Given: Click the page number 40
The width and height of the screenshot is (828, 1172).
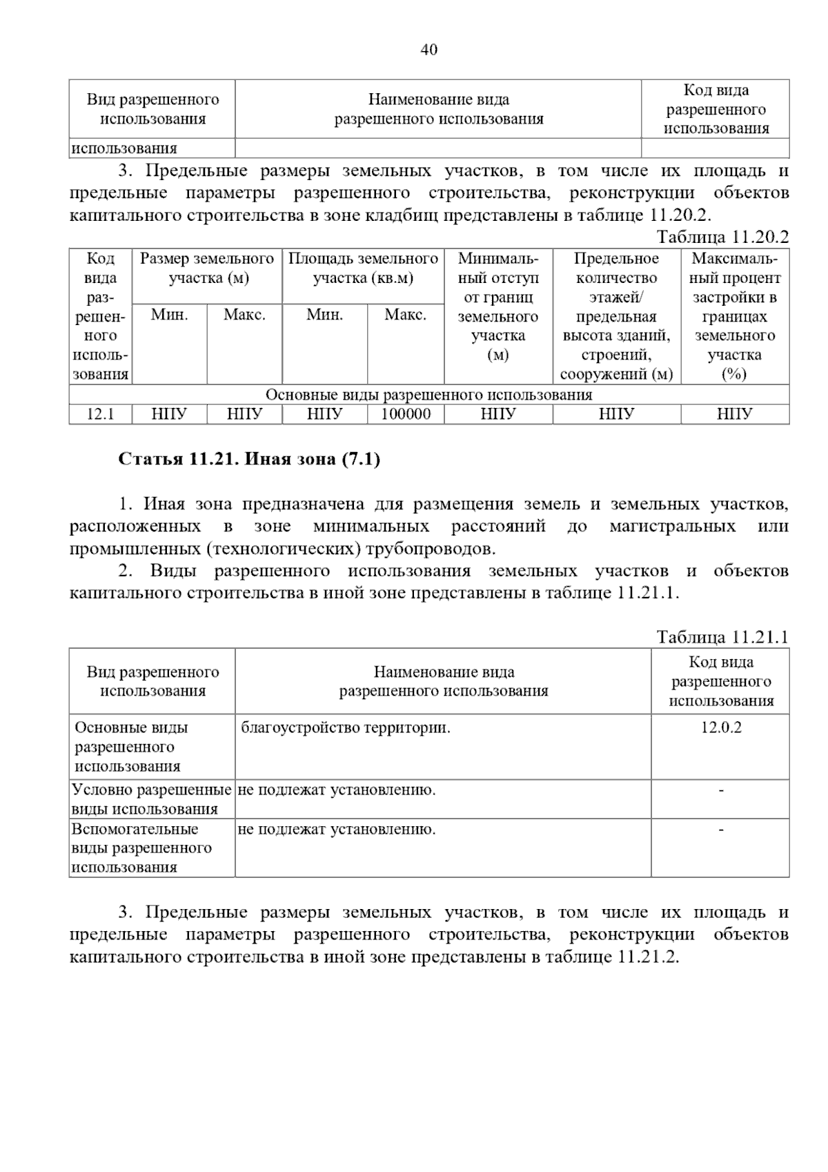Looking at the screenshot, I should click(428, 50).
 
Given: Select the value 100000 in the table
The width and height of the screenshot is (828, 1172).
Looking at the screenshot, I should click(406, 414).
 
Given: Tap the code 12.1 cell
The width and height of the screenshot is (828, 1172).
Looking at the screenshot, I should click(100, 414).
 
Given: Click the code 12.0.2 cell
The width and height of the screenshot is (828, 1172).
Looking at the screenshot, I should click(721, 727).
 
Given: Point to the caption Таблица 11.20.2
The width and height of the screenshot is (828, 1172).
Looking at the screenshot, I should click(722, 237).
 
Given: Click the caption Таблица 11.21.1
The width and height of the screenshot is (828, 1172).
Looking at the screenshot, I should click(722, 636).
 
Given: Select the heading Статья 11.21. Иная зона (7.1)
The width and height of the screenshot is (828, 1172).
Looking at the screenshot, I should click(249, 459).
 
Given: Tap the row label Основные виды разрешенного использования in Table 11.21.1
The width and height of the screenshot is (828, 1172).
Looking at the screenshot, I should click(132, 747).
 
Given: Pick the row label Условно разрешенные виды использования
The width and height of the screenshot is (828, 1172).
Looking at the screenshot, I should click(151, 799).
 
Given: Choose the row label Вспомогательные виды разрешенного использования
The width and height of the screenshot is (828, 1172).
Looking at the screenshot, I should click(141, 848).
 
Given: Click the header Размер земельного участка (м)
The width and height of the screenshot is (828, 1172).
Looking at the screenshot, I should click(207, 268).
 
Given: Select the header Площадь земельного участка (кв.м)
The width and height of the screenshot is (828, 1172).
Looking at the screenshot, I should click(363, 268).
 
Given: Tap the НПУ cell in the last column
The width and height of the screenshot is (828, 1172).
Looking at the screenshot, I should click(735, 414).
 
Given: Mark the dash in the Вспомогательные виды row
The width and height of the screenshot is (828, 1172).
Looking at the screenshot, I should click(721, 829).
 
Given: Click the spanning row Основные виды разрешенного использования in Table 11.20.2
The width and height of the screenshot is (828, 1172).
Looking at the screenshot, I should click(428, 395).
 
